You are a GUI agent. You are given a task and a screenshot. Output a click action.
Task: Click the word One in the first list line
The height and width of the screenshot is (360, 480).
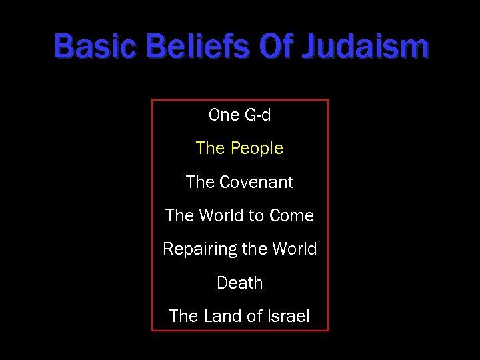223,115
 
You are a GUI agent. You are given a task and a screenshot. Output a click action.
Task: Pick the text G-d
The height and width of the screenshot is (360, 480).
258,115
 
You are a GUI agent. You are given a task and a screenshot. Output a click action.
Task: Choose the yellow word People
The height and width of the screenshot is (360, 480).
257,149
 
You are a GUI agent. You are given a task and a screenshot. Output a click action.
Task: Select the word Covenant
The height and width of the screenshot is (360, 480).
256,182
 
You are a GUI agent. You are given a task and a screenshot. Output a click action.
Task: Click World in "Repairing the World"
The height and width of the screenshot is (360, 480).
294,249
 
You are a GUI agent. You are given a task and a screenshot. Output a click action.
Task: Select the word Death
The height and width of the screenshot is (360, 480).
240,283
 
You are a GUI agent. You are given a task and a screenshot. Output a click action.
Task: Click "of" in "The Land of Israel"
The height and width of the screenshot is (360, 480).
254,317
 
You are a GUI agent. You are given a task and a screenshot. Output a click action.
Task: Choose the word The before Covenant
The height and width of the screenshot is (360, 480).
200,182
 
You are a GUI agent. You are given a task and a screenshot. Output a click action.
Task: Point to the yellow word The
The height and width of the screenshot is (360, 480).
210,149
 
